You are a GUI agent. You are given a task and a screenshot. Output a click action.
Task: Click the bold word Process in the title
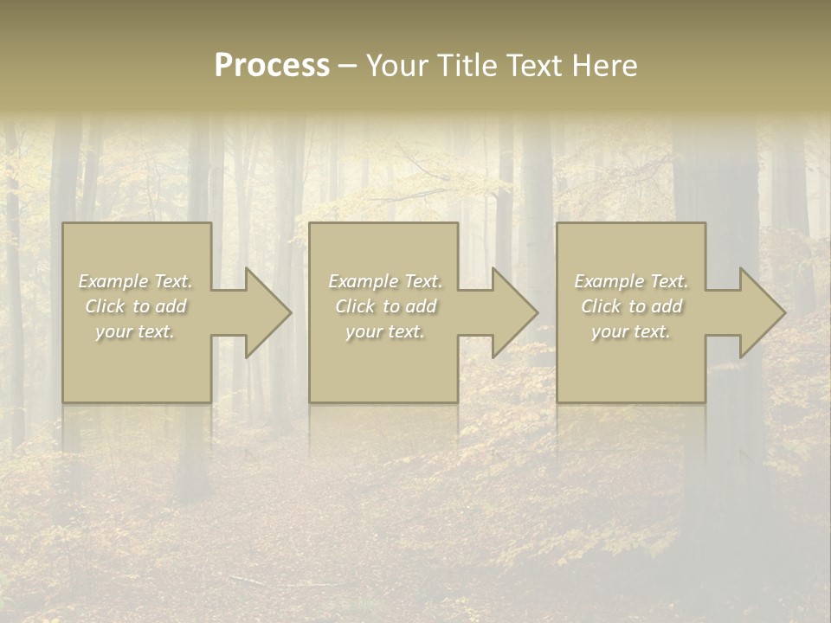coord(272,67)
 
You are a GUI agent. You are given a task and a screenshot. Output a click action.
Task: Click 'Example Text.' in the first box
coord(135,281)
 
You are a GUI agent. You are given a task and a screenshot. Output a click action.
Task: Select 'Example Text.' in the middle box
coord(384,281)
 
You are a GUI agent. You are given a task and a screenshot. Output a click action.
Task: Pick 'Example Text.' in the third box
coord(631,281)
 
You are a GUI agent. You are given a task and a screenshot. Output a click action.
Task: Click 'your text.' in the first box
coord(135,331)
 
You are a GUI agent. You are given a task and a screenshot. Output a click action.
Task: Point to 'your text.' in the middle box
coord(384,331)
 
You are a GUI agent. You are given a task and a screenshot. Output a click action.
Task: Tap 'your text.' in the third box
coord(631,331)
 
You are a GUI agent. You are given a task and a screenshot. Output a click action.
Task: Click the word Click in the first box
coord(104,306)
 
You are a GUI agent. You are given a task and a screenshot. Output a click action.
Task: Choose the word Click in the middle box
coord(354,306)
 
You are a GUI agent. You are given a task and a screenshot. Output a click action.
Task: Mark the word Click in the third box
coord(601,306)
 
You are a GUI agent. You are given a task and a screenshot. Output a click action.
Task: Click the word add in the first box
coord(171,306)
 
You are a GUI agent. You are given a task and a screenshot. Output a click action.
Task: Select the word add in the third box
coord(667,306)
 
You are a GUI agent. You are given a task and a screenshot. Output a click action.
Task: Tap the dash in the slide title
coord(347,67)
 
